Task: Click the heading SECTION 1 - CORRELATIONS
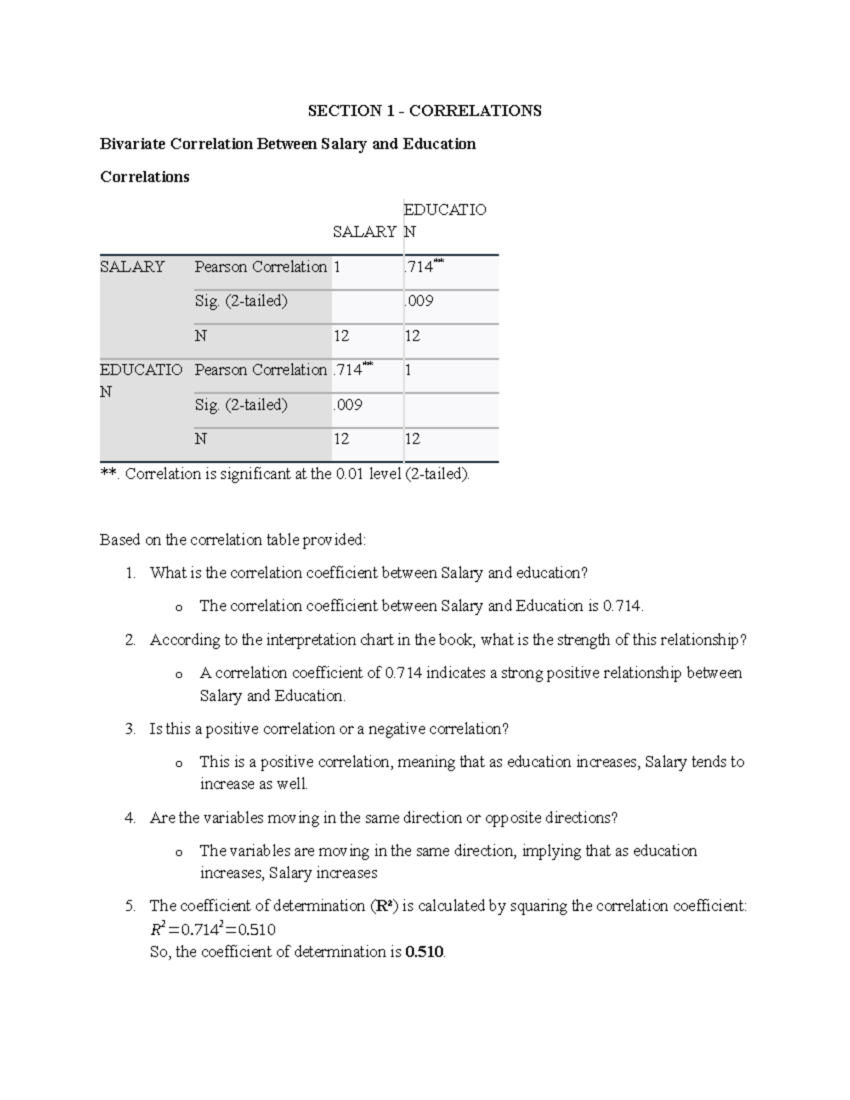pos(424,110)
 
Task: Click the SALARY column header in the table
pos(364,232)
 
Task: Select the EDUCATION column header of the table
pos(444,220)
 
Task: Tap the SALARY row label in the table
pos(132,267)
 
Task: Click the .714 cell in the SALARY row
pos(423,267)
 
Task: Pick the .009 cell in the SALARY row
pos(419,301)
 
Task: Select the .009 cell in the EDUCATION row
pos(348,404)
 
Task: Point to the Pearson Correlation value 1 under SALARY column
pos(337,267)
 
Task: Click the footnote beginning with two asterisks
pos(285,474)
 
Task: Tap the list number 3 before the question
pos(130,729)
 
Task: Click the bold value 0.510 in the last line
pos(424,952)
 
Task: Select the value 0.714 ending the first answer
pos(622,606)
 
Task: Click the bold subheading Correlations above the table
pos(144,176)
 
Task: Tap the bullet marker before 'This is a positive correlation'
pos(178,764)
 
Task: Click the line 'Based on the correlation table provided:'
pos(233,540)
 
